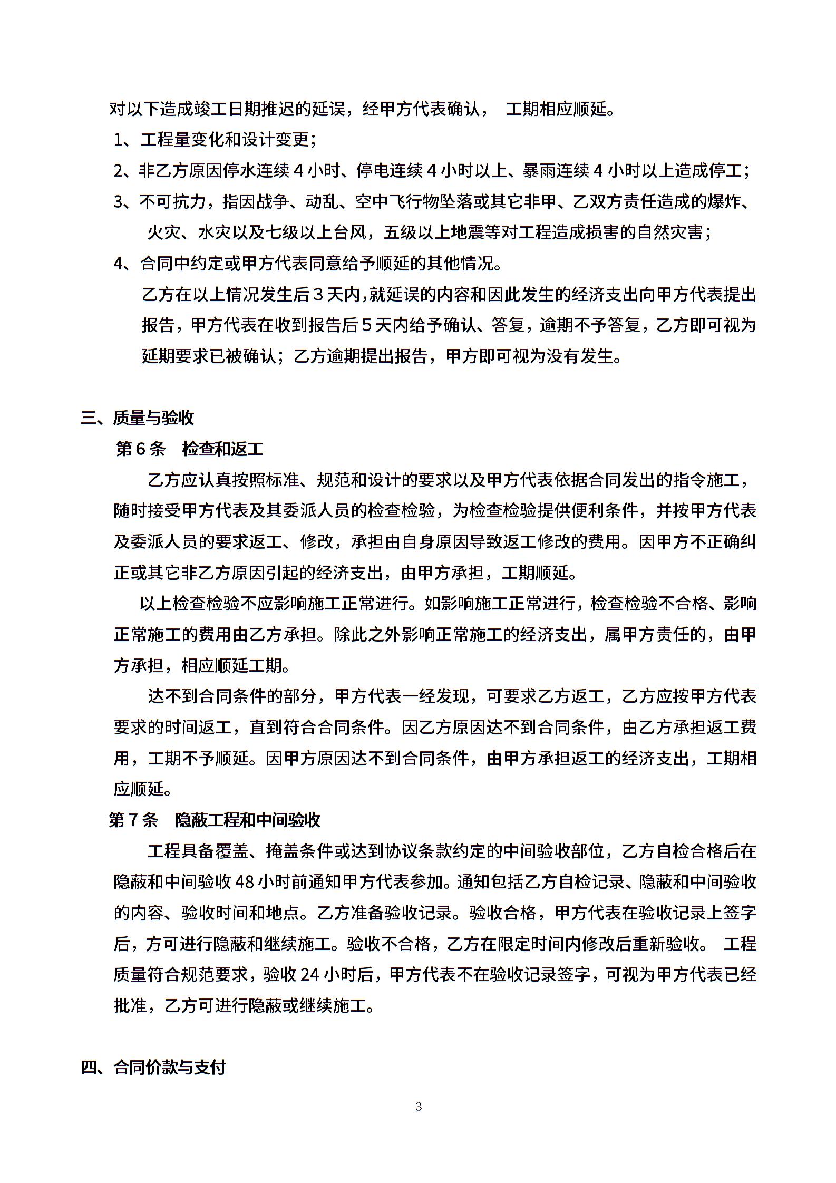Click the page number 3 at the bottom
click(419, 1107)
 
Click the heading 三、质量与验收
click(137, 418)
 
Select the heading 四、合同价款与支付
click(153, 1068)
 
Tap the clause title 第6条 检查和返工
click(189, 449)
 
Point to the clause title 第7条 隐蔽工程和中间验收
click(215, 820)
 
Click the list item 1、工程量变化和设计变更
click(215, 140)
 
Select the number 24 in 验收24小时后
click(310, 975)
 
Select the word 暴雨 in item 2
click(539, 171)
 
